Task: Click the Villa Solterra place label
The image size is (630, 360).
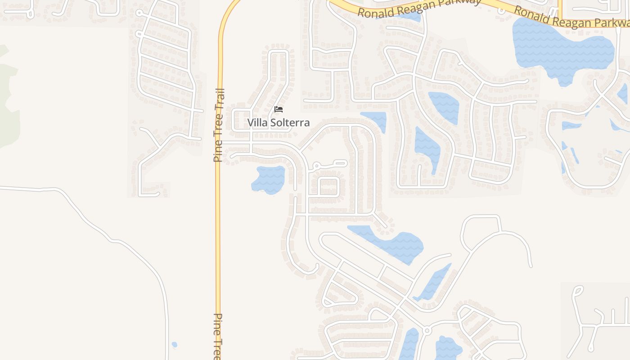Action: pos(278,122)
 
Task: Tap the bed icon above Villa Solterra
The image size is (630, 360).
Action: pos(279,109)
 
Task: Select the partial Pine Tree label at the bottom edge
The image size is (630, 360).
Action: pos(218,336)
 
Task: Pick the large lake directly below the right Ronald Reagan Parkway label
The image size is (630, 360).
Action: pos(562,49)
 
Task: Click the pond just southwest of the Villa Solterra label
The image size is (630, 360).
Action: pos(269,179)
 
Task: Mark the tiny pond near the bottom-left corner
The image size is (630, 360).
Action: pos(174,345)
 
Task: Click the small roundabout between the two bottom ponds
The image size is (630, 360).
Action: pos(427,331)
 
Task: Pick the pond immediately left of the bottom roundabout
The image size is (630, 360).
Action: pos(409,344)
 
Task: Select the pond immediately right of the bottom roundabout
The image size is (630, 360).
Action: pos(448,347)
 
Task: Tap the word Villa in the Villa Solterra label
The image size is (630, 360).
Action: pos(257,122)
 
